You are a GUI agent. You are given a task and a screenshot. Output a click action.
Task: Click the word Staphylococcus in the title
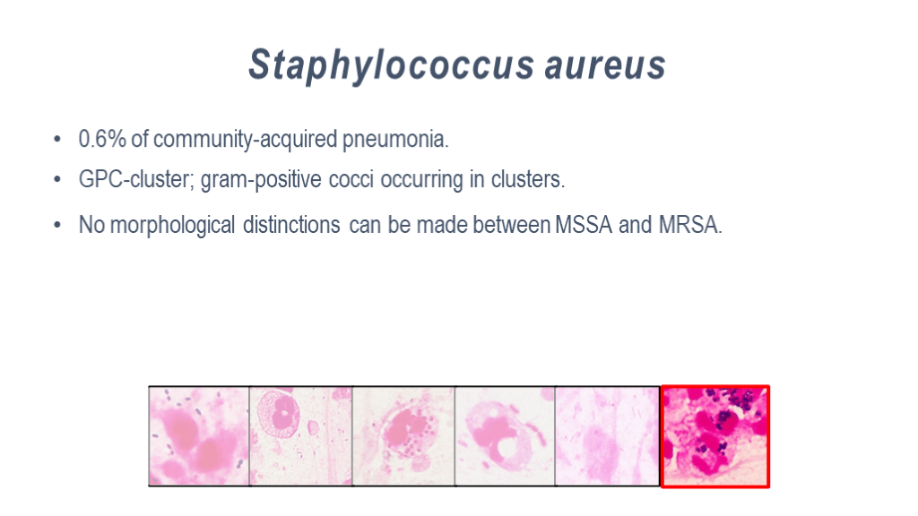click(391, 65)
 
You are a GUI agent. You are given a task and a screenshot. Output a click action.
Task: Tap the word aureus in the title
click(605, 65)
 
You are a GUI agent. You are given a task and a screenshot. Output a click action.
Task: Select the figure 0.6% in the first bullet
click(102, 139)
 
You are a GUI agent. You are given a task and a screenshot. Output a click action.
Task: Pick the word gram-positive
click(261, 180)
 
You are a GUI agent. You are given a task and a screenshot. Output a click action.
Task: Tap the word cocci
click(351, 179)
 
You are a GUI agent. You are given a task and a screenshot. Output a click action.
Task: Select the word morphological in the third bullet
click(172, 225)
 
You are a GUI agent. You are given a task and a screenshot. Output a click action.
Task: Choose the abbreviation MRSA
click(690, 225)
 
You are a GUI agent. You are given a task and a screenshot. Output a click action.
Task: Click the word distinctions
click(291, 225)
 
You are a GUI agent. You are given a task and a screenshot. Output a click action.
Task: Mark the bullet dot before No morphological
click(57, 225)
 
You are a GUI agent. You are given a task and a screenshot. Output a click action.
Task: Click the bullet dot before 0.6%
click(57, 139)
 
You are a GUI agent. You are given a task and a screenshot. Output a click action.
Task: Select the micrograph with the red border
click(714, 436)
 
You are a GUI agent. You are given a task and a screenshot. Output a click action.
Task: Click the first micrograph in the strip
click(199, 436)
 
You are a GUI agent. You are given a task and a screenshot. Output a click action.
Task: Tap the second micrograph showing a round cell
click(301, 436)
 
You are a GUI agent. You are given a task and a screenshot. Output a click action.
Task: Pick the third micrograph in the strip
click(403, 436)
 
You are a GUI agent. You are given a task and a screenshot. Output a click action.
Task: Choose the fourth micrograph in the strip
click(505, 436)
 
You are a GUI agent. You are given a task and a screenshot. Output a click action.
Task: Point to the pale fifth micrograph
click(608, 436)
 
